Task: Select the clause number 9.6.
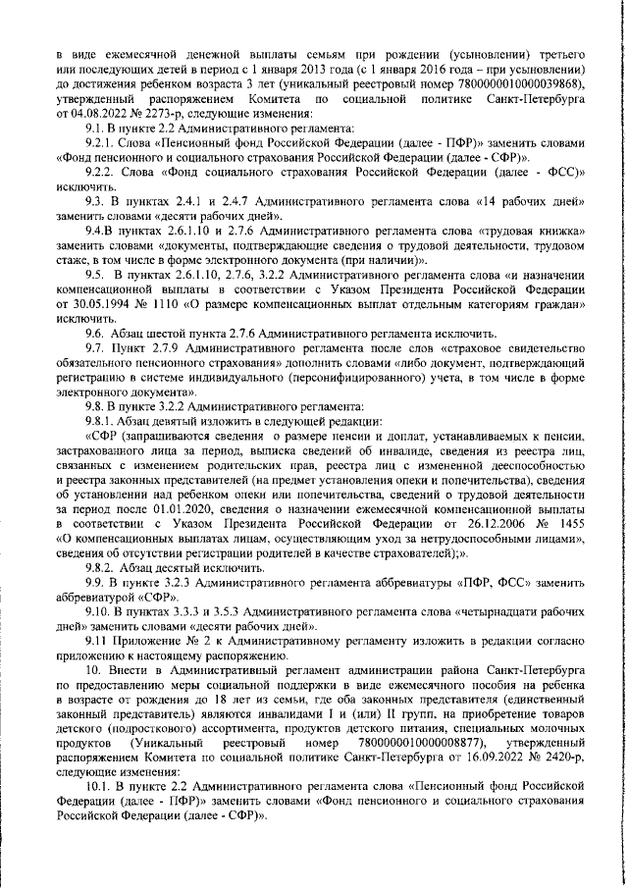[97, 335]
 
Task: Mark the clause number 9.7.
[97, 349]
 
